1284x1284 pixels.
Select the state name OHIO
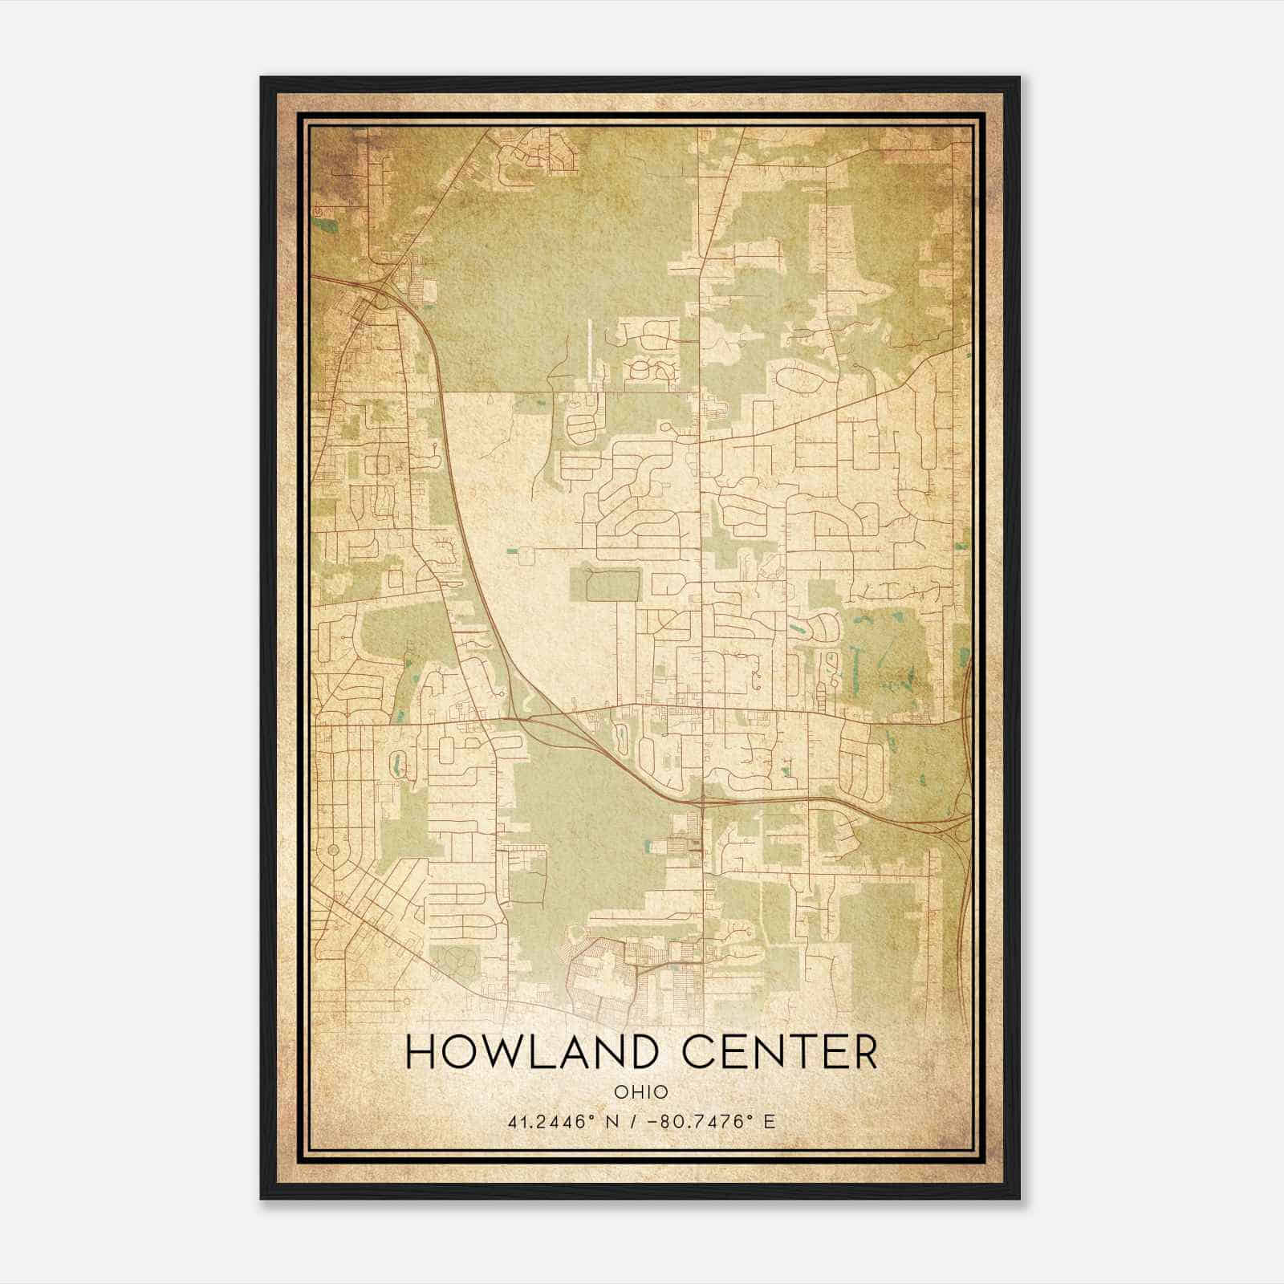[640, 1092]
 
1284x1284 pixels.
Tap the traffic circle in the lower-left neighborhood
[333, 848]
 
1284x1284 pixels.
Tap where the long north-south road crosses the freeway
[703, 800]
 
